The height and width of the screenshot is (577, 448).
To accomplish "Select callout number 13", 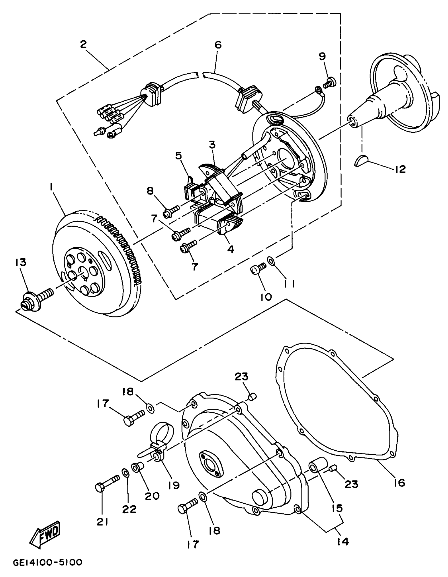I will pos(21,262).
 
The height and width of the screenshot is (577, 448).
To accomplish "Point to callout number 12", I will pos(400,169).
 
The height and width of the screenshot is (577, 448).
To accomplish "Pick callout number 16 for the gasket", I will pos(400,483).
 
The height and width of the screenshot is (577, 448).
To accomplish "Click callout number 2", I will pos(83,44).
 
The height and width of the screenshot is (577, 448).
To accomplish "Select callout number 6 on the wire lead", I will pos(218,45).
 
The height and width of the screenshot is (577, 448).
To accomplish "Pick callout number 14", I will pos(343,542).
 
